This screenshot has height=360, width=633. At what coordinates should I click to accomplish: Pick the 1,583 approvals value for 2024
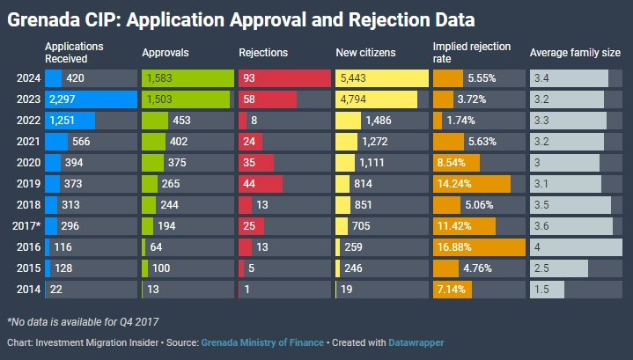pyautogui.click(x=159, y=78)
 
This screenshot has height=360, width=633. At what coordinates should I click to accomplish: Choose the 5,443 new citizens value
pyautogui.click(x=353, y=78)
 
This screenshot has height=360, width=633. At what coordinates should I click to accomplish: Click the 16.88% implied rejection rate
pyautogui.click(x=453, y=247)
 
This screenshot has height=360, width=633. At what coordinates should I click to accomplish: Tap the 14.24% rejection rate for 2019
pyautogui.click(x=453, y=184)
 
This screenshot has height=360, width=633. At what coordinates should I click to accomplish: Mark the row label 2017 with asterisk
pyautogui.click(x=26, y=226)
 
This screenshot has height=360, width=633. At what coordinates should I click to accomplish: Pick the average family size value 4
pyautogui.click(x=538, y=247)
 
